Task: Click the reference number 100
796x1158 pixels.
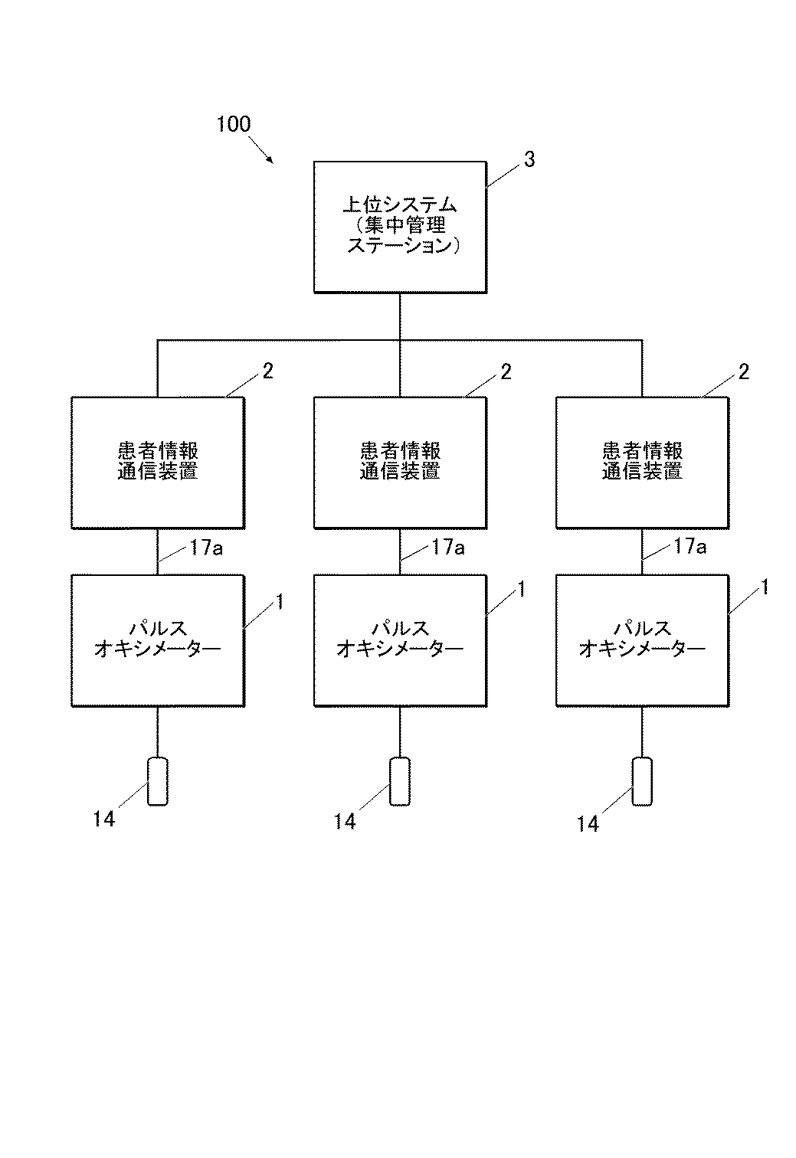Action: (x=234, y=124)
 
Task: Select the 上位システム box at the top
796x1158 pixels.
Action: (x=400, y=227)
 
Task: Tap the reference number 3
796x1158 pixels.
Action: (x=529, y=159)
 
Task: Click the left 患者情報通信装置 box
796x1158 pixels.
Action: (x=158, y=462)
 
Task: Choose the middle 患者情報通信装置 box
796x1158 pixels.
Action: (x=400, y=462)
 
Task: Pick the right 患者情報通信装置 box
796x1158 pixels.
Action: (x=642, y=462)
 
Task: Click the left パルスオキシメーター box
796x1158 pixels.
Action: (x=158, y=640)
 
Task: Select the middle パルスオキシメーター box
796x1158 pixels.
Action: (x=400, y=640)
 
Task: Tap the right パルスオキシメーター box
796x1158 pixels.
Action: (x=642, y=640)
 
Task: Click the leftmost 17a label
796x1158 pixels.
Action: (x=206, y=548)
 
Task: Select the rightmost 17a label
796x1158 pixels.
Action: (x=690, y=546)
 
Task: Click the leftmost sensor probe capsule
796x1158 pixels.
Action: (x=158, y=781)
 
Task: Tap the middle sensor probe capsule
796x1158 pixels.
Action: (x=400, y=781)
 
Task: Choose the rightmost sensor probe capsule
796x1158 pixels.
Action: (x=642, y=781)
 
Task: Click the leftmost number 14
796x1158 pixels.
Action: (x=103, y=819)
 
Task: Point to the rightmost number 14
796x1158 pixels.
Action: (x=588, y=823)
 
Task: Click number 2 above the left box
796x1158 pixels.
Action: (x=267, y=371)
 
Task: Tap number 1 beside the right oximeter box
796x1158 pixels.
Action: (x=764, y=588)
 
